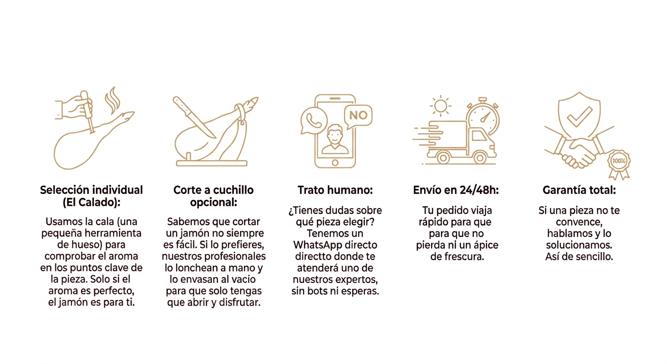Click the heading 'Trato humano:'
(x=335, y=190)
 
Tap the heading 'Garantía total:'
(x=579, y=190)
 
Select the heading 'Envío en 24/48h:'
(x=456, y=190)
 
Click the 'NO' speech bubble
(x=358, y=116)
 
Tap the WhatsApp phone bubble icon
(x=314, y=121)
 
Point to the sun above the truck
(x=441, y=106)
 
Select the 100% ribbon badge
(x=619, y=164)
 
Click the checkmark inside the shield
(x=579, y=117)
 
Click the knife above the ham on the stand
(x=194, y=117)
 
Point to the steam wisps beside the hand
(x=112, y=100)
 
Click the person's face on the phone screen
(x=335, y=135)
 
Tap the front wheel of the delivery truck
(x=480, y=158)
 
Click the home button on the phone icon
(x=335, y=163)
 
